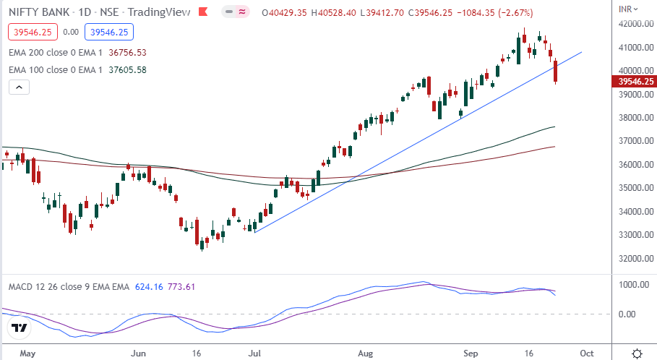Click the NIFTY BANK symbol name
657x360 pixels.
(40, 11)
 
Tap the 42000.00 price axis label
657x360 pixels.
(627, 24)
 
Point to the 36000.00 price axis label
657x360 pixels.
(627, 165)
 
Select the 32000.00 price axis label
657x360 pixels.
(627, 259)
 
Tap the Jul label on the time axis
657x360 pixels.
(254, 353)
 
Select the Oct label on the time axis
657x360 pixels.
(587, 353)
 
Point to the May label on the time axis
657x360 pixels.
(28, 353)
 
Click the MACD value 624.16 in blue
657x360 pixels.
(150, 287)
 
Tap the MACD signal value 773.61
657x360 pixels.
(181, 287)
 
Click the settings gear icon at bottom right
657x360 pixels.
(637, 353)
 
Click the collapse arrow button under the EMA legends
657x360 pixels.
(19, 87)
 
